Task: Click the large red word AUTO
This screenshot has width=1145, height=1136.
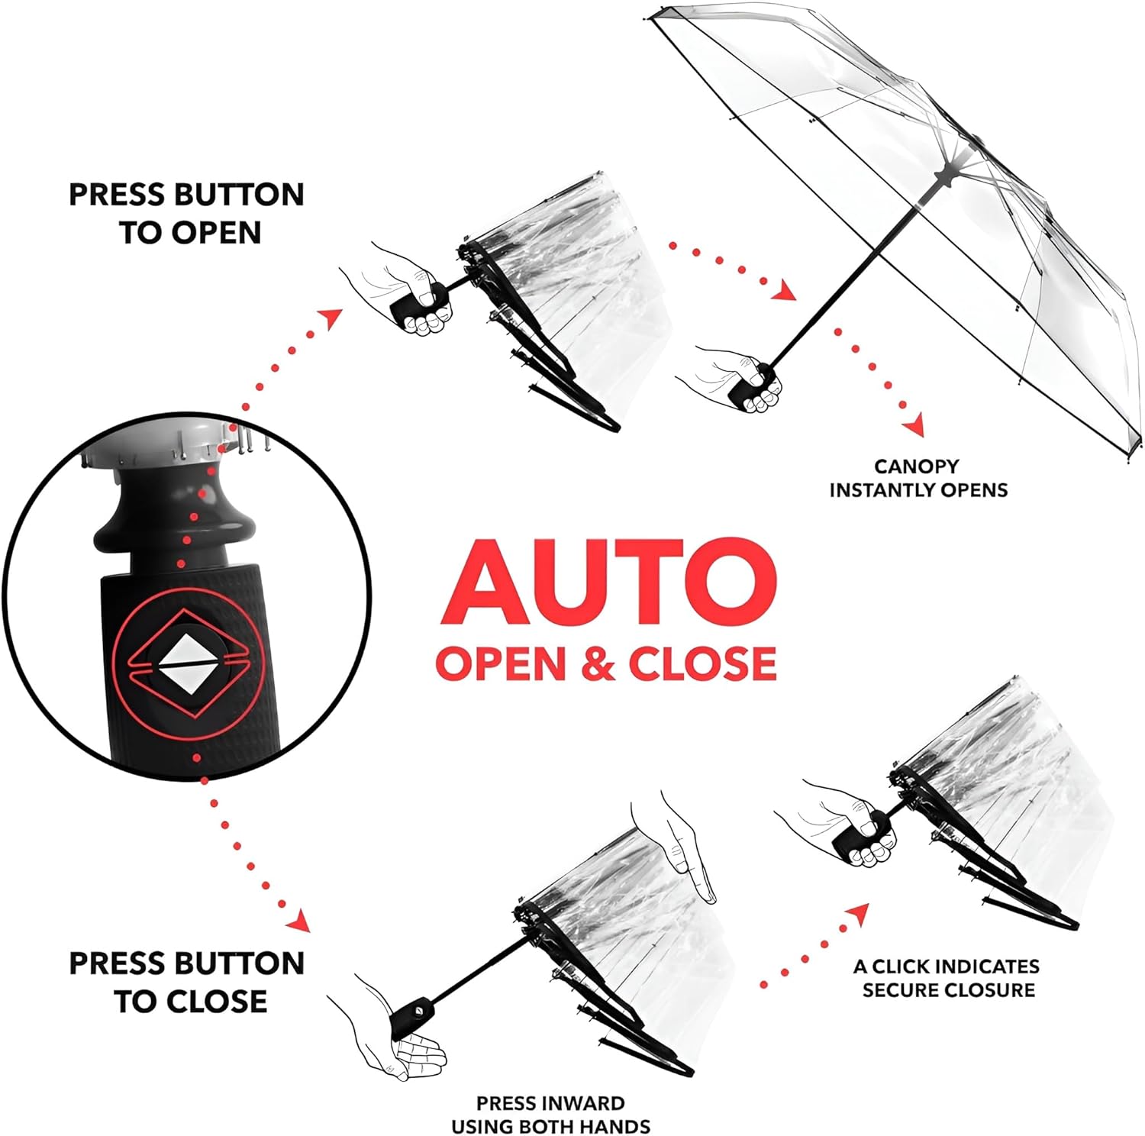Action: coord(608,583)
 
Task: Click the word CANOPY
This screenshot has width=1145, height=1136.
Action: coord(916,466)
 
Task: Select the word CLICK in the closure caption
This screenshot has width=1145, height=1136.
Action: coord(901,967)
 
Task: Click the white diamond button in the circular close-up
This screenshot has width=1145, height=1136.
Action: coord(186,663)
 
